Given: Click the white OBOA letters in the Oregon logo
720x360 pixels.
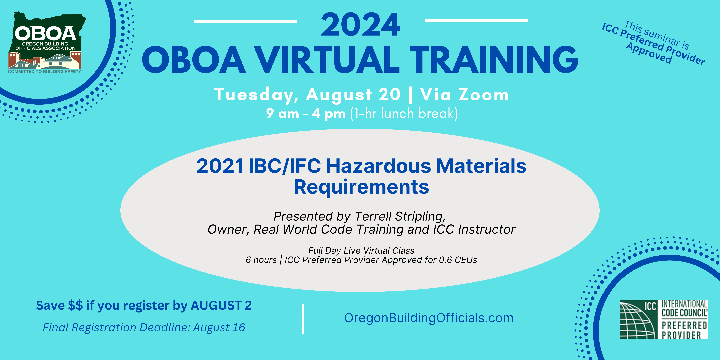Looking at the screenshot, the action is tap(46, 34).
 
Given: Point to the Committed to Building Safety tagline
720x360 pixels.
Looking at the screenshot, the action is tap(45, 72).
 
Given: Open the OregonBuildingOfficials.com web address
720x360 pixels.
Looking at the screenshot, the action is tap(429, 318).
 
